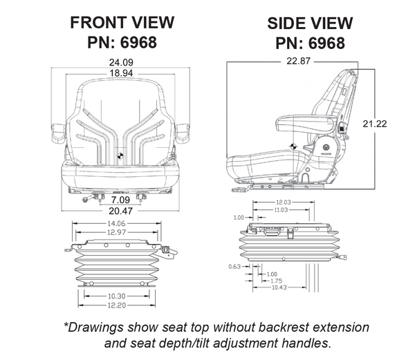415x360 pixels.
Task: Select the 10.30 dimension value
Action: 116,296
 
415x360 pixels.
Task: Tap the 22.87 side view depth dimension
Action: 293,61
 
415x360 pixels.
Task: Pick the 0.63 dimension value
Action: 234,265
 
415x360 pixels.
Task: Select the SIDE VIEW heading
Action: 310,23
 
